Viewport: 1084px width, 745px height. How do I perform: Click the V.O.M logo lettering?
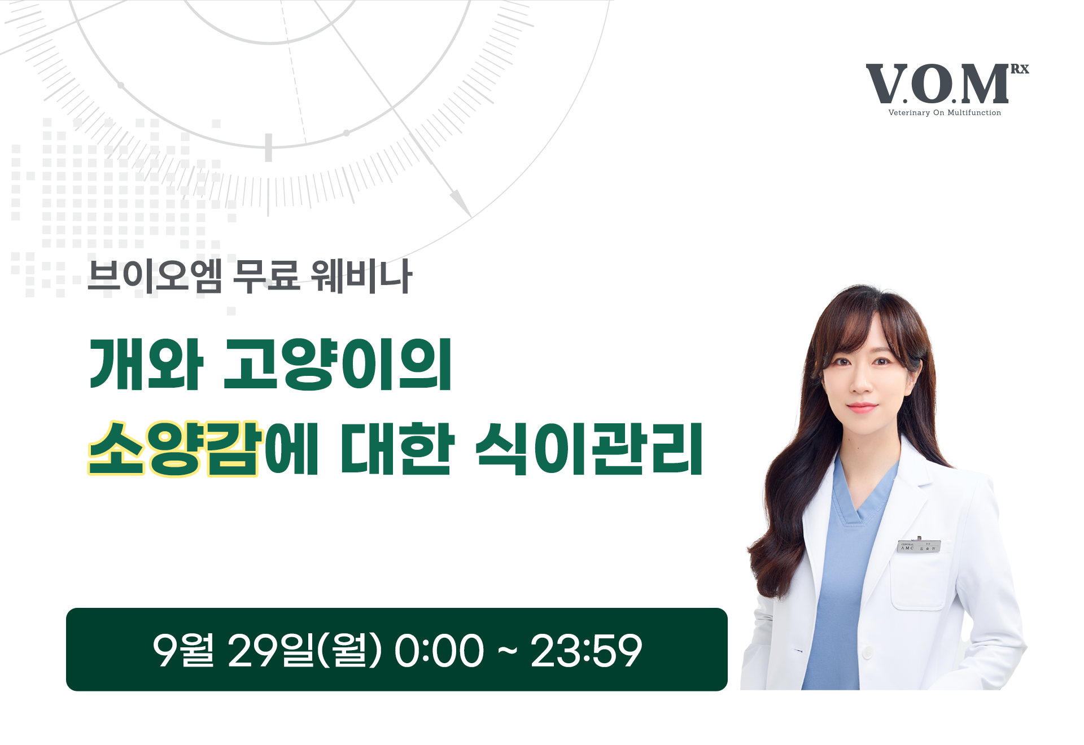click(937, 85)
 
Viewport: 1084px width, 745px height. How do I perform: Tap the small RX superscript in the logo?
click(1019, 69)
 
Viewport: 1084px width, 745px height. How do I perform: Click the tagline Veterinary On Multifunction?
click(945, 113)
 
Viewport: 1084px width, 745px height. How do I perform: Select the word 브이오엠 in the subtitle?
click(155, 277)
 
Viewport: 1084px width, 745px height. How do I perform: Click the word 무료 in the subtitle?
click(266, 277)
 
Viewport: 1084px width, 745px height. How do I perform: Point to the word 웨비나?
click(361, 277)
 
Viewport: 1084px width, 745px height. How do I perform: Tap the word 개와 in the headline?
click(146, 365)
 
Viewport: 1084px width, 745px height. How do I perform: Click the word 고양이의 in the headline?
click(338, 365)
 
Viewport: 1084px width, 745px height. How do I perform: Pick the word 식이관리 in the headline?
click(589, 449)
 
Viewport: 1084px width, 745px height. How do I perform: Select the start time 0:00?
click(439, 650)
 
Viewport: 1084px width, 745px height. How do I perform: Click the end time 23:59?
click(586, 650)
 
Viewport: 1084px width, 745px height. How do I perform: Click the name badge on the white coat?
click(919, 546)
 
